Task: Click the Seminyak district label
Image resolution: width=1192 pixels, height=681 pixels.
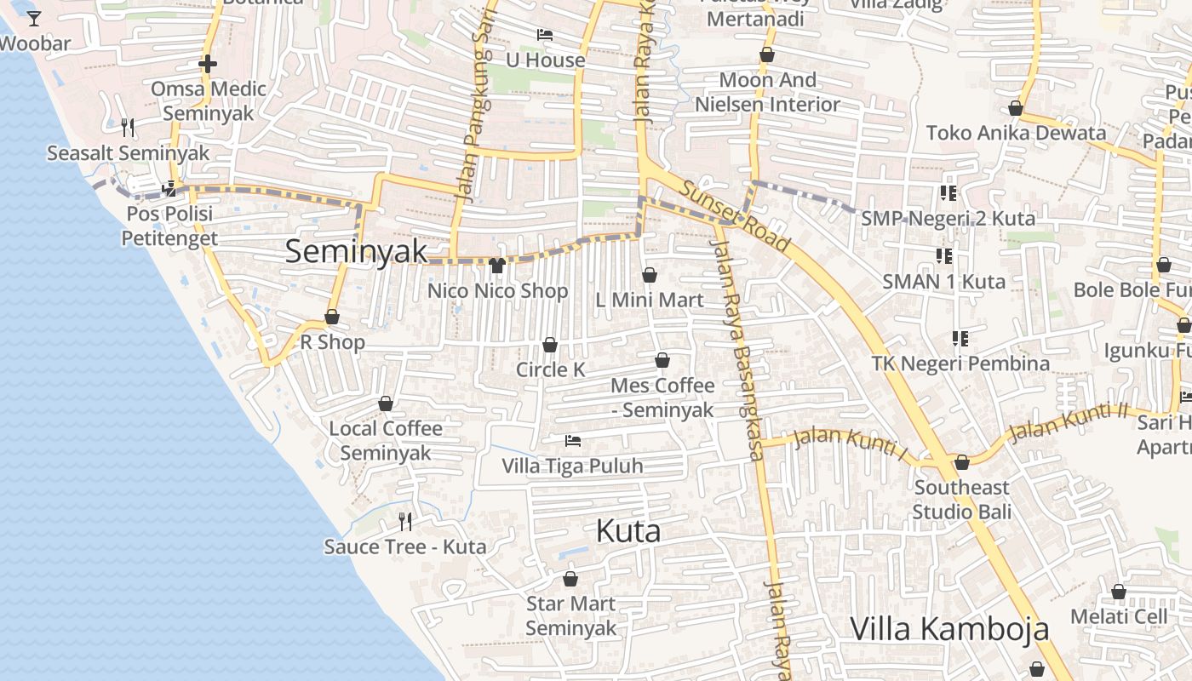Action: coord(356,251)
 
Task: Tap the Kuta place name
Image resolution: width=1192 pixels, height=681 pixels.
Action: coord(628,531)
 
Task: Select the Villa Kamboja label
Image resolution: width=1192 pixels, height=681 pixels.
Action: coord(949,629)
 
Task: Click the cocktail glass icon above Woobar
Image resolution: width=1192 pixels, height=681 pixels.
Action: coord(34,18)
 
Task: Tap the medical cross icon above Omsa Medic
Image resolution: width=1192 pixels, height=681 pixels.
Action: coord(208,64)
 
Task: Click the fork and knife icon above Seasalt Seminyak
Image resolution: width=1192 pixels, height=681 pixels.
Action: coord(128,128)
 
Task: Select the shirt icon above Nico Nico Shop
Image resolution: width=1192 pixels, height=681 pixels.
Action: coord(497,266)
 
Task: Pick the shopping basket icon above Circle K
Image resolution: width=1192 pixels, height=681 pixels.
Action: coord(550,345)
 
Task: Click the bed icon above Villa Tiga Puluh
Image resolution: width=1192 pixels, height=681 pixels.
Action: coord(573,441)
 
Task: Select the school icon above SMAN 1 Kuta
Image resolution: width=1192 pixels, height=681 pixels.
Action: coord(943,255)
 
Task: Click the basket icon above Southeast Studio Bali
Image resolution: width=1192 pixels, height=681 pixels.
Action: coord(962,462)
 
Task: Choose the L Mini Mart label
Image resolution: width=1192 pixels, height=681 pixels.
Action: coord(649,300)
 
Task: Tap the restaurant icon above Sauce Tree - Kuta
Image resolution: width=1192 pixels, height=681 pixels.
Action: coord(405,521)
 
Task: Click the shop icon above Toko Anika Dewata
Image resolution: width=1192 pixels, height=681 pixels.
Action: coord(1015,108)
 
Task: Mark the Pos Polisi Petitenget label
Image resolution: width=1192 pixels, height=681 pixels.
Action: coord(169,226)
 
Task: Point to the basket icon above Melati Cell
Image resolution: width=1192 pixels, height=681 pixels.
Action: coord(1119,592)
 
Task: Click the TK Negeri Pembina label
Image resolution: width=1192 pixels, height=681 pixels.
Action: coord(960,363)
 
